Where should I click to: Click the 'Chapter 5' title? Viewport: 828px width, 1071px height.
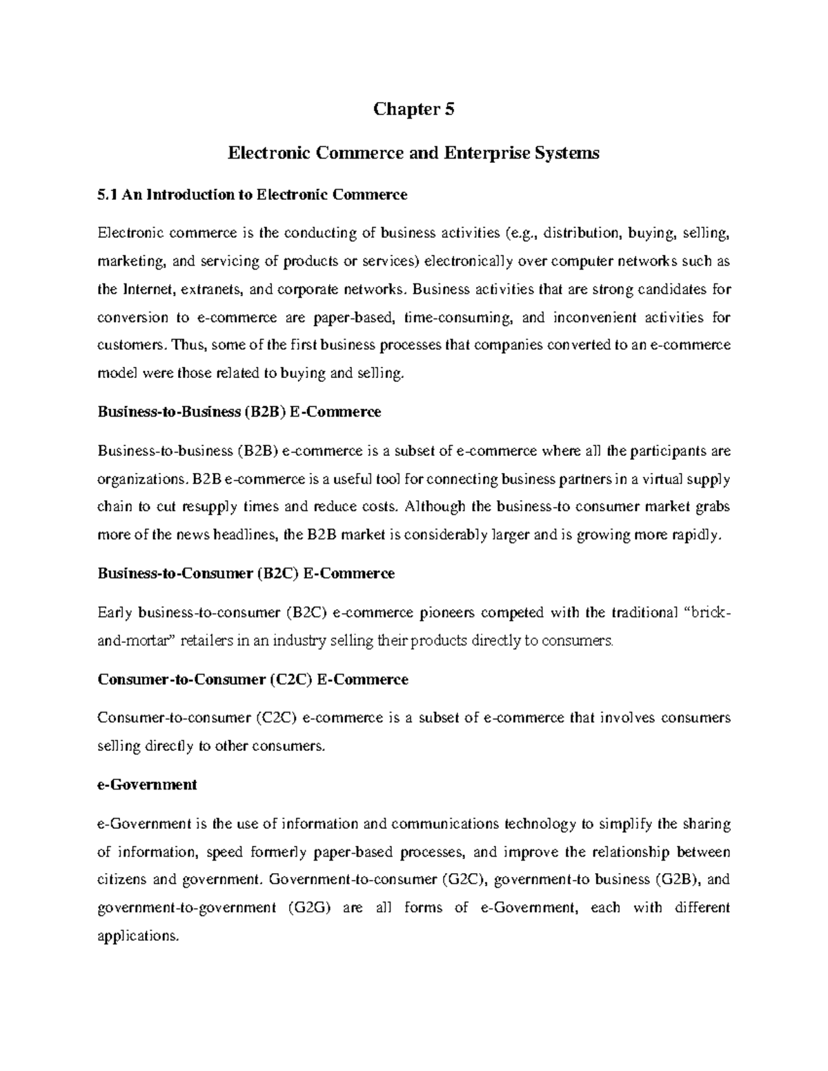pyautogui.click(x=413, y=110)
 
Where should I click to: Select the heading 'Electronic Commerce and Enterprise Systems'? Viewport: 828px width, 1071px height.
pyautogui.click(x=413, y=153)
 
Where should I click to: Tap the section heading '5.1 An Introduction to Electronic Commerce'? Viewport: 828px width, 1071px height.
pyautogui.click(x=253, y=195)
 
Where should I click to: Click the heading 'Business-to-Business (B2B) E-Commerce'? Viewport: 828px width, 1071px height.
pyautogui.click(x=239, y=412)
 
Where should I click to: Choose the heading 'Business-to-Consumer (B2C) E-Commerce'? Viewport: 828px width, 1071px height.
pyautogui.click(x=246, y=574)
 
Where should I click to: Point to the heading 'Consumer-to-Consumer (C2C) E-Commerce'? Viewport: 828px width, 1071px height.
pyautogui.click(x=253, y=680)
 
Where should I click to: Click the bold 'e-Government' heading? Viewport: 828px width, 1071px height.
pyautogui.click(x=148, y=785)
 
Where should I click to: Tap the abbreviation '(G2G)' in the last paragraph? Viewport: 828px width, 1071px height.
pyautogui.click(x=303, y=908)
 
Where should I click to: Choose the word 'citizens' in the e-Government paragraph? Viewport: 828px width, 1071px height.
pyautogui.click(x=121, y=880)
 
